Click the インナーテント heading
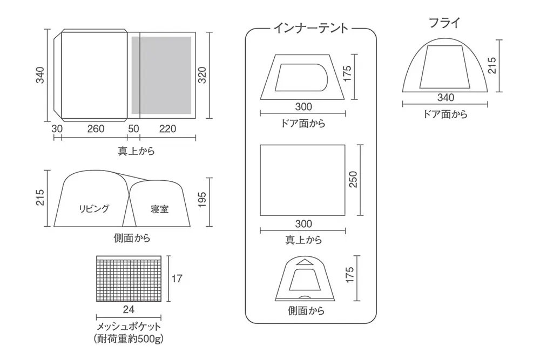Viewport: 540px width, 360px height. tap(310, 28)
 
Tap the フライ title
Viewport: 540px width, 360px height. tap(444, 23)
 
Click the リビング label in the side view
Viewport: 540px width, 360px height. tap(94, 208)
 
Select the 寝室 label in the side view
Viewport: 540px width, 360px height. tap(160, 209)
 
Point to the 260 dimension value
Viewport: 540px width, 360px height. tap(96, 128)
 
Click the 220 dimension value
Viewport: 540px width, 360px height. tap(167, 128)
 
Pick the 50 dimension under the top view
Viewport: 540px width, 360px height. tap(133, 128)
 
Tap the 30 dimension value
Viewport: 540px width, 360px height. tap(57, 128)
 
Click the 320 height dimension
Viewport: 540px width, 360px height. tap(202, 76)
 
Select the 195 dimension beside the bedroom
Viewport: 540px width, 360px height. tap(202, 200)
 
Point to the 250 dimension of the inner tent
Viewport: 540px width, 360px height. tap(353, 179)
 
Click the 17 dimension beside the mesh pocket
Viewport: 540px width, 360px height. tap(177, 279)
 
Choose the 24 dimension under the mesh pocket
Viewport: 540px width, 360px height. tap(129, 309)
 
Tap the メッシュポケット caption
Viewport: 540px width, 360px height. tap(129, 327)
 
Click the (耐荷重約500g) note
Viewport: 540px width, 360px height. tap(129, 339)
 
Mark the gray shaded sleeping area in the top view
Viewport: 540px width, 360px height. tap(161, 75)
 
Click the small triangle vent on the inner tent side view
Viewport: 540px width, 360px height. tap(303, 262)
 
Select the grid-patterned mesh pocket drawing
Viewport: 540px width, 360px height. tap(129, 279)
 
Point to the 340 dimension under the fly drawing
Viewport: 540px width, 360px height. tap(446, 98)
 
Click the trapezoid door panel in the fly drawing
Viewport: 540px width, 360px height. tap(444, 66)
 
